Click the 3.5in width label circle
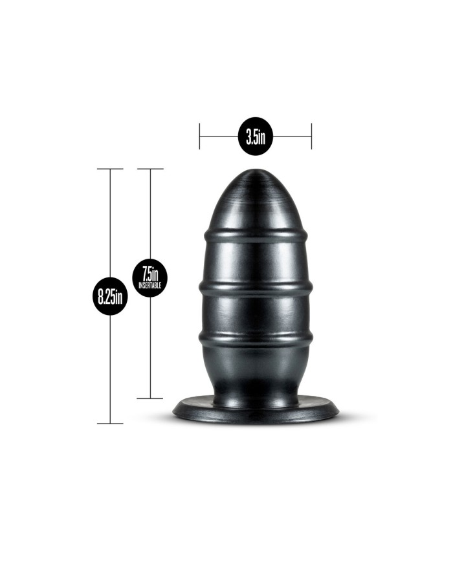[256, 137]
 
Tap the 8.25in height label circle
[111, 297]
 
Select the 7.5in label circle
[150, 278]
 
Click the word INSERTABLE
[150, 285]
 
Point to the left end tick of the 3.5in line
[200, 137]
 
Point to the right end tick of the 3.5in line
[311, 137]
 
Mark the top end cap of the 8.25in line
[111, 169]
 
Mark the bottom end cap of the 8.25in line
[111, 424]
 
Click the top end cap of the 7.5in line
[150, 169]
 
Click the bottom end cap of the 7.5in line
[150, 398]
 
